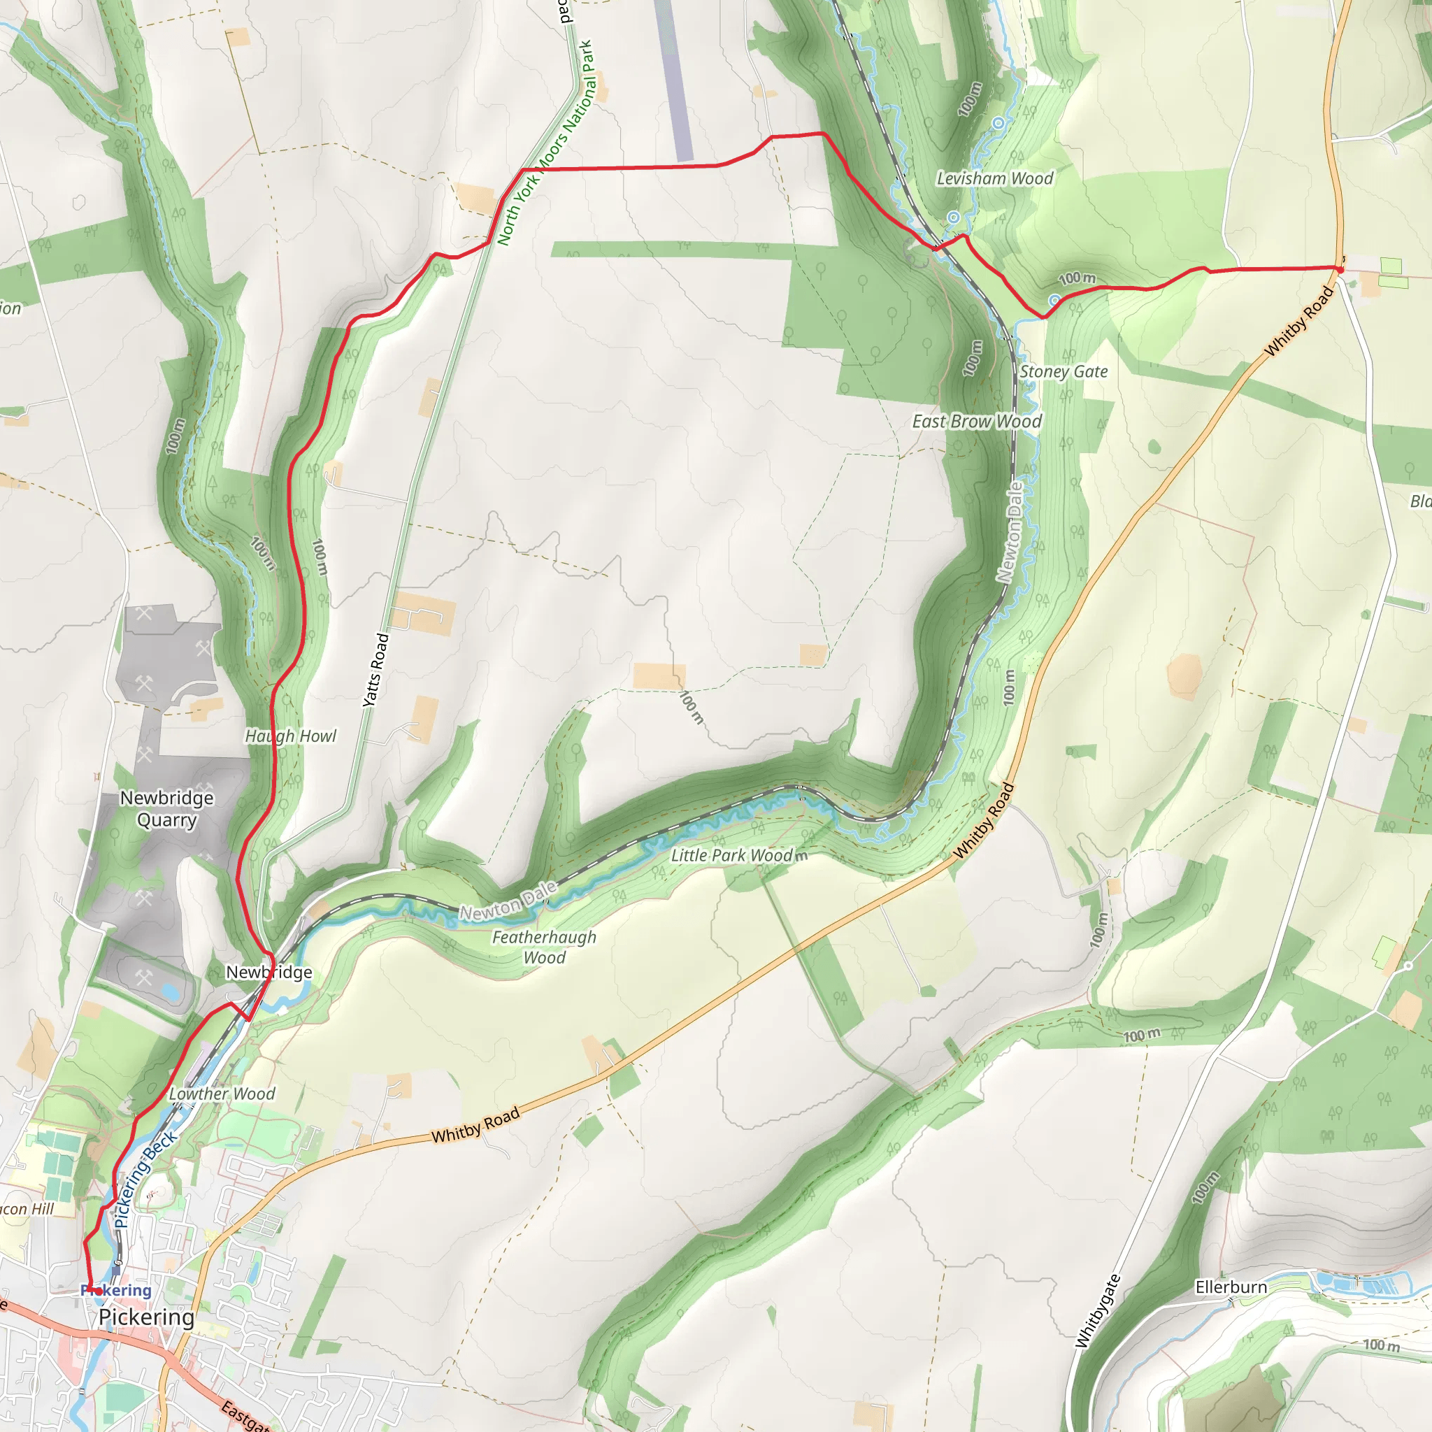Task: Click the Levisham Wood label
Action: (994, 178)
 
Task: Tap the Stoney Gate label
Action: (1063, 372)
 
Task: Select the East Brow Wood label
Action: (976, 422)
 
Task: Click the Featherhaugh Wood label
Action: (544, 947)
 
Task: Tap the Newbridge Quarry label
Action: (167, 809)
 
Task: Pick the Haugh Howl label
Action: (291, 736)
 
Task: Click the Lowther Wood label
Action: (222, 1094)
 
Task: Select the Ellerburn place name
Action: (1231, 1287)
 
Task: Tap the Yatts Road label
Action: (375, 670)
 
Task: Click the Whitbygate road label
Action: (1098, 1311)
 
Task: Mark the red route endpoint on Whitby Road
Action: (1340, 270)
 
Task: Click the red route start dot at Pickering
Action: (98, 1291)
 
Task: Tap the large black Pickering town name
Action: (146, 1317)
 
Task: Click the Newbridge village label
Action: (269, 972)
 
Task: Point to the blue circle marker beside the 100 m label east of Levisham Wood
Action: (1054, 300)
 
